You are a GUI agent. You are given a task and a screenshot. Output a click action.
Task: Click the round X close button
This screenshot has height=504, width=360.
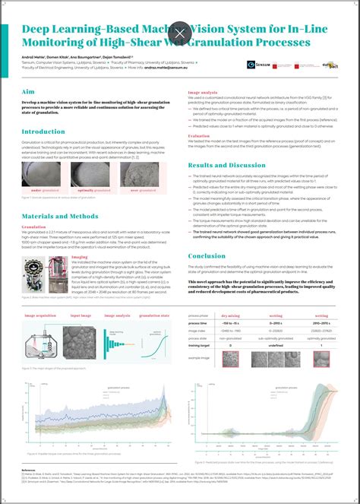tap(180, 33)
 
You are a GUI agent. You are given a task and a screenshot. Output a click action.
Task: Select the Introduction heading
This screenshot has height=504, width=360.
tap(43, 132)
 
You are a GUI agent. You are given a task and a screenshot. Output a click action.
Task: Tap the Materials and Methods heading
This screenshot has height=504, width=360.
tap(63, 216)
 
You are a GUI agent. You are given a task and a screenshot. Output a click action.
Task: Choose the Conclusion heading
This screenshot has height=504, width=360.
tap(207, 255)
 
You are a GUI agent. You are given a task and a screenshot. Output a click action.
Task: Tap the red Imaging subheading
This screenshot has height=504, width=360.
tap(80, 257)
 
